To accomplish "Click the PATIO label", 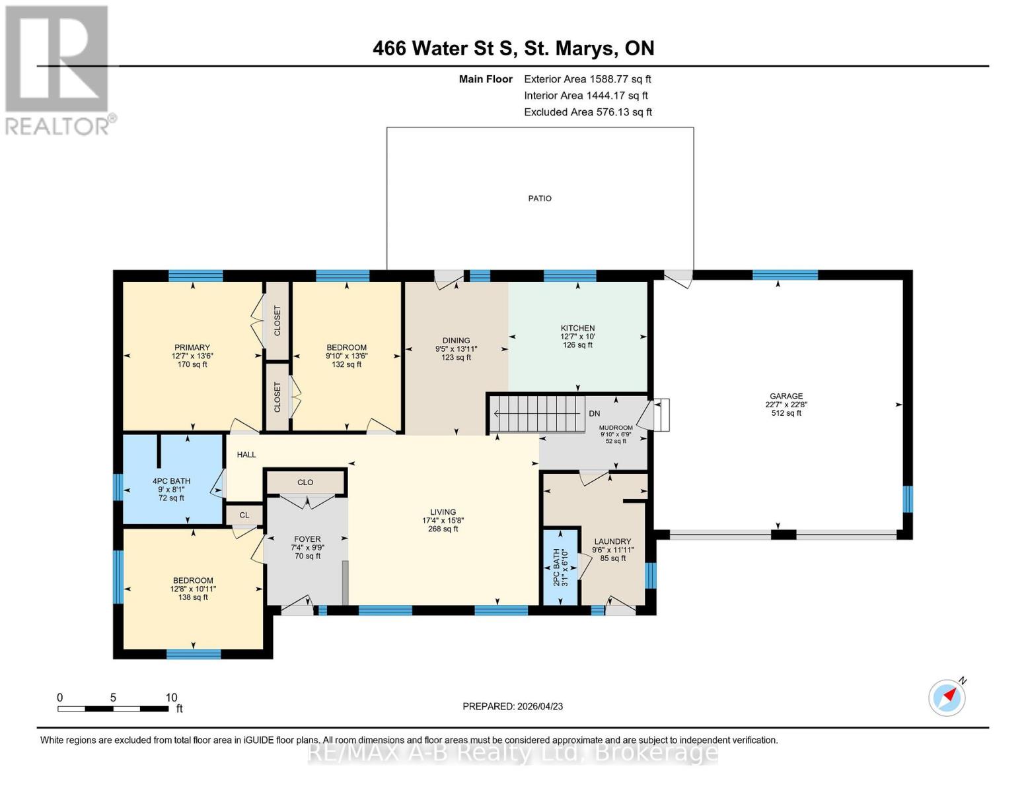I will click(x=539, y=198).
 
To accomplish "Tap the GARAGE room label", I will click(x=786, y=396).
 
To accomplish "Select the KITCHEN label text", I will click(x=577, y=328).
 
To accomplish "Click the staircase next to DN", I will click(x=538, y=414).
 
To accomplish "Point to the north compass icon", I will click(x=947, y=697).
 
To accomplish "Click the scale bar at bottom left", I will click(x=112, y=709).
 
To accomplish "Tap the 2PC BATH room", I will click(x=560, y=567).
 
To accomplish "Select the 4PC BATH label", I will click(x=171, y=481).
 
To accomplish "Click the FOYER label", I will click(x=307, y=539).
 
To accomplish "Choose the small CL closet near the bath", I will click(x=244, y=515).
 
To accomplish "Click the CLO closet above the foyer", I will click(x=305, y=482).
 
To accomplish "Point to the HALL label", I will click(x=246, y=455).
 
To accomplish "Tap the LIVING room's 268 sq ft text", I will click(x=443, y=529).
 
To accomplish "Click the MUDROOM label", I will click(x=616, y=428).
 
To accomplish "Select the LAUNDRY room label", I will click(x=612, y=541).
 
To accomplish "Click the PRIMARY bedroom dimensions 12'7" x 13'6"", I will click(x=192, y=356).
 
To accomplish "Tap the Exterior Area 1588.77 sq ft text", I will click(x=587, y=79).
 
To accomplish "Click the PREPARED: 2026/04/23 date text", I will click(x=513, y=706).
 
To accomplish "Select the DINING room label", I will click(x=456, y=341).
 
